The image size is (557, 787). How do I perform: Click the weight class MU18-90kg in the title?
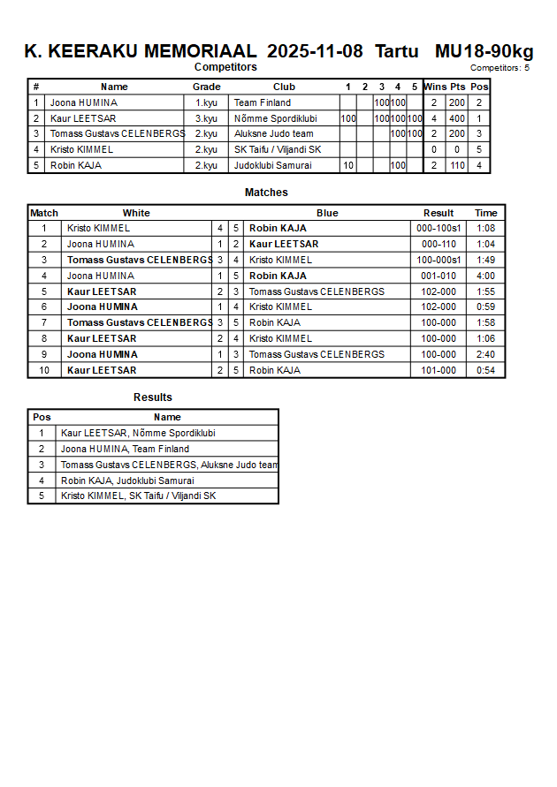pyautogui.click(x=484, y=51)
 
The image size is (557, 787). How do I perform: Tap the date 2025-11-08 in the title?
pyautogui.click(x=315, y=51)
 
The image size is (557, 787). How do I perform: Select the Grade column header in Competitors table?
pyautogui.click(x=206, y=87)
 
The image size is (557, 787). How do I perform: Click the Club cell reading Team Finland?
pyautogui.click(x=262, y=102)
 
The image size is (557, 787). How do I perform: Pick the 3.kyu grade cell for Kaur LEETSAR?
pyautogui.click(x=206, y=118)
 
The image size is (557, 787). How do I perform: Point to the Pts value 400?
pyautogui.click(x=456, y=118)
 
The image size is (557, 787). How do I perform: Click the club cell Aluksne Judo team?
pyautogui.click(x=273, y=134)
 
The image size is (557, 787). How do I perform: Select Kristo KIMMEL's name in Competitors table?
pyautogui.click(x=81, y=150)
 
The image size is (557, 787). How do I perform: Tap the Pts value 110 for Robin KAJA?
pyautogui.click(x=456, y=165)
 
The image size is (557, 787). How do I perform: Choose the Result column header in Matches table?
pyautogui.click(x=439, y=213)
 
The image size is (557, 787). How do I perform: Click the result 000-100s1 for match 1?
pyautogui.click(x=439, y=228)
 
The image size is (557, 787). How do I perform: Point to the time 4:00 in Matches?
pyautogui.click(x=485, y=276)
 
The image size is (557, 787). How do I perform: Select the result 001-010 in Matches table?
pyautogui.click(x=439, y=276)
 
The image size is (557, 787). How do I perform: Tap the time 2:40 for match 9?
pyautogui.click(x=485, y=354)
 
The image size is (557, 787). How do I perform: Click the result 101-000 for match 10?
pyautogui.click(x=439, y=370)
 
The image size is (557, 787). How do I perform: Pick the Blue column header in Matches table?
pyautogui.click(x=327, y=213)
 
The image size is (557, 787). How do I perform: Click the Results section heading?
pyautogui.click(x=153, y=397)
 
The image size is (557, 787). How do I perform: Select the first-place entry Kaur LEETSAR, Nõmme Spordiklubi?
pyautogui.click(x=138, y=433)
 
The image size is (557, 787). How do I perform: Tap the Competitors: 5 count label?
pyautogui.click(x=500, y=68)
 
